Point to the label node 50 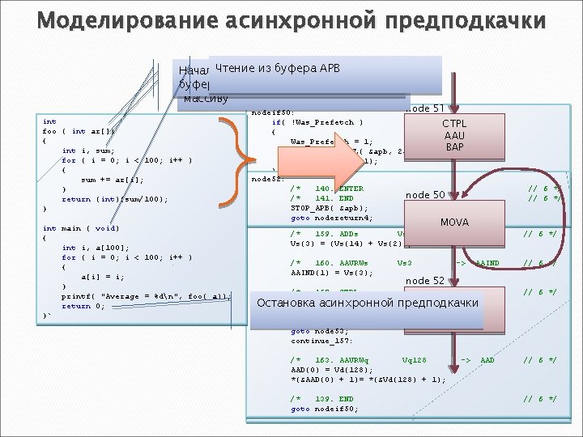point(425,195)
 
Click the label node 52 point(425,280)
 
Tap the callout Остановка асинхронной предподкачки point(367,303)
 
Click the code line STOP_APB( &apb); point(327,207)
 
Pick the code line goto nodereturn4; point(331,217)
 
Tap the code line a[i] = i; point(102,276)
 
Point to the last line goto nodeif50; point(323,409)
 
